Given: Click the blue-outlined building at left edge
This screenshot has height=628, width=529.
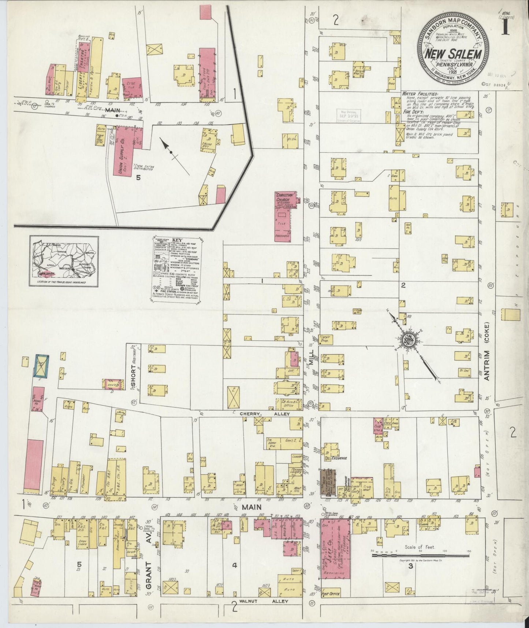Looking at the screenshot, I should point(41,365).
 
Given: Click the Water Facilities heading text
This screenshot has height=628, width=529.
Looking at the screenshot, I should point(417,94).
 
